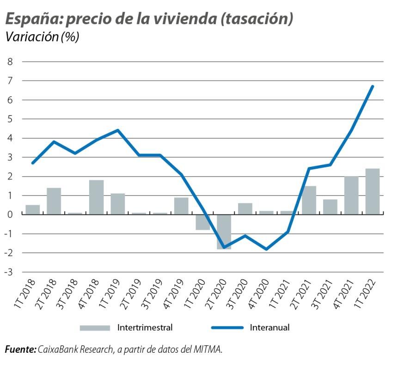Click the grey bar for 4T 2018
(96, 197)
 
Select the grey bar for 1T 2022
(372, 191)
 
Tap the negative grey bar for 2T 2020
(224, 232)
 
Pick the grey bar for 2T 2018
(54, 201)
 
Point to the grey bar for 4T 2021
(351, 195)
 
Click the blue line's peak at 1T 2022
(373, 86)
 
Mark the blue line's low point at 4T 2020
(266, 249)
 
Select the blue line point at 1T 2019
(117, 130)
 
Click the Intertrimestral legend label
(145, 328)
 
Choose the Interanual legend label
(269, 328)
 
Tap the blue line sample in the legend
(227, 328)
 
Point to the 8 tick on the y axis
(10, 61)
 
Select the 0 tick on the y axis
(10, 215)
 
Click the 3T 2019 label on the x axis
(153, 294)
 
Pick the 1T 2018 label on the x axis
(25, 294)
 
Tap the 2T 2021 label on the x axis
(301, 294)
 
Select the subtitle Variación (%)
(42, 37)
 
